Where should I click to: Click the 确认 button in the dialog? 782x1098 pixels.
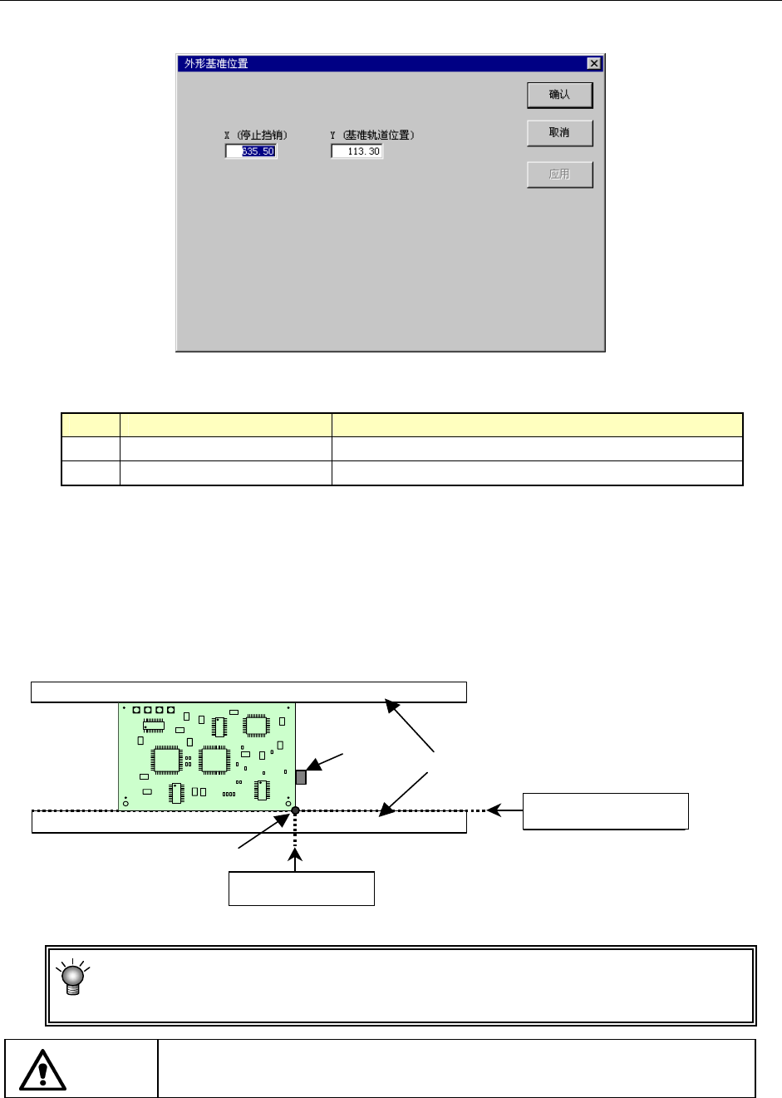pyautogui.click(x=559, y=95)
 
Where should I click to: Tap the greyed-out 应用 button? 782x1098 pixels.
pyautogui.click(x=559, y=175)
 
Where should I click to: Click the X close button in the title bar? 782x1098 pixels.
pyautogui.click(x=593, y=63)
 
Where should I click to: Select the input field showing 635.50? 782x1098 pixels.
pyautogui.click(x=251, y=151)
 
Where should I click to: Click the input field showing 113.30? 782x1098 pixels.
pyautogui.click(x=357, y=151)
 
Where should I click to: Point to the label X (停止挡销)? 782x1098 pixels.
pyautogui.click(x=256, y=135)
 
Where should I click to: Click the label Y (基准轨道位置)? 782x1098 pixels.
pyautogui.click(x=371, y=135)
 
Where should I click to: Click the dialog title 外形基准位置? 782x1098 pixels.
pyautogui.click(x=216, y=63)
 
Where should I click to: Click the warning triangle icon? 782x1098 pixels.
pyautogui.click(x=42, y=1070)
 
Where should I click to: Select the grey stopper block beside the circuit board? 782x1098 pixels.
pyautogui.click(x=301, y=777)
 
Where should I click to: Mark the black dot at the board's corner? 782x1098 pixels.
pyautogui.click(x=295, y=810)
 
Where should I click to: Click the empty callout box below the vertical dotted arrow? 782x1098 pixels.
pyautogui.click(x=302, y=889)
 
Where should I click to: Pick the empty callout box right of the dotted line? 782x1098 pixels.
pyautogui.click(x=605, y=811)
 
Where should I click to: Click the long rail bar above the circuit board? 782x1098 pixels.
pyautogui.click(x=248, y=692)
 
